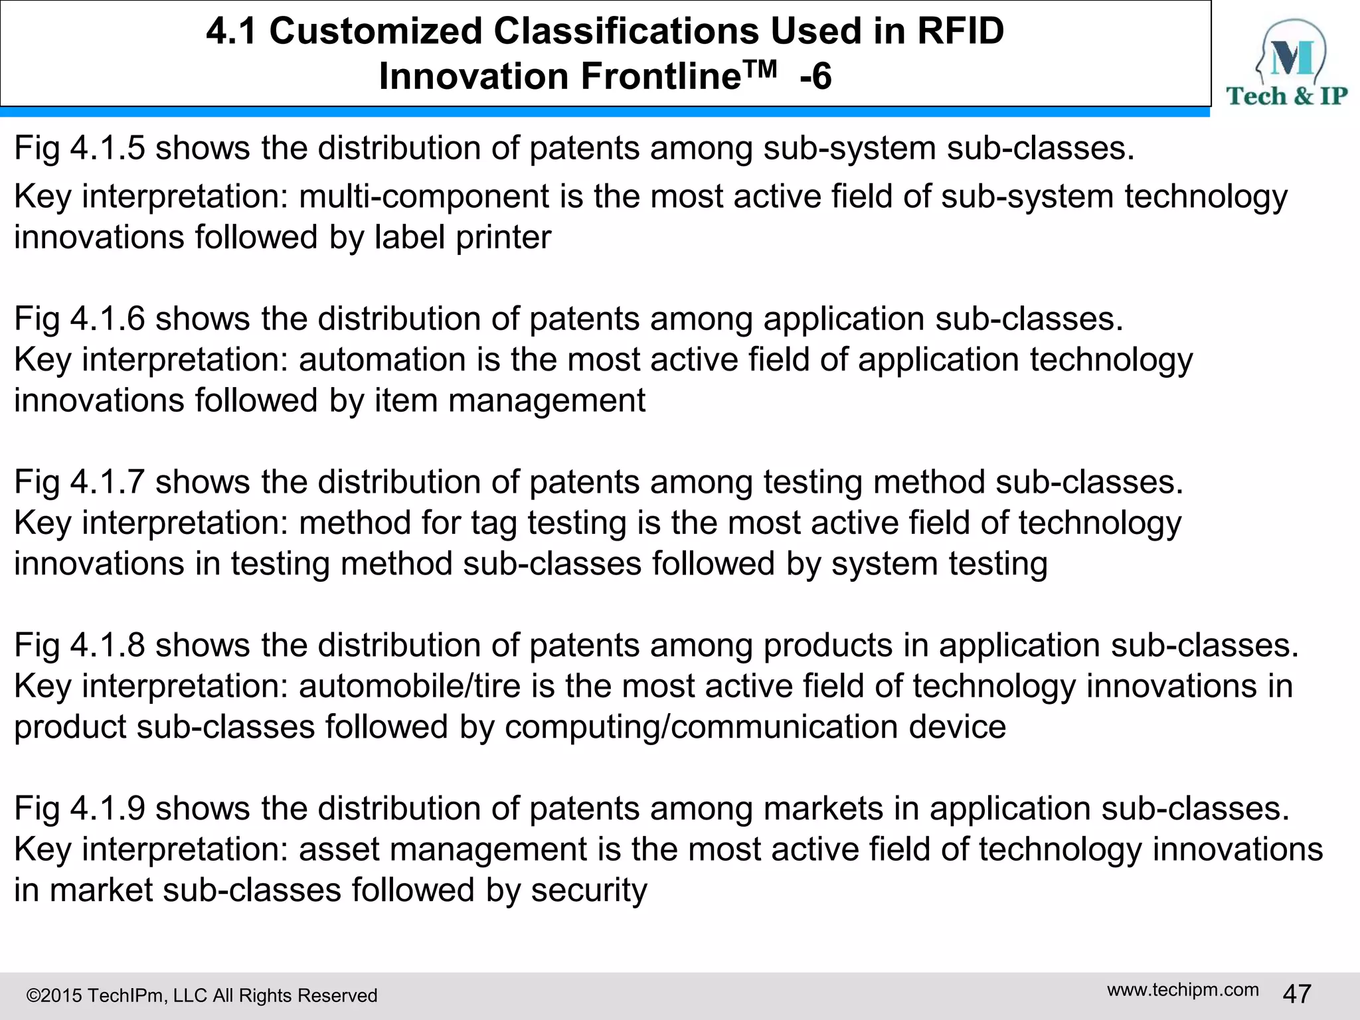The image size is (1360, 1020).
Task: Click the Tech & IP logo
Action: coord(1286,63)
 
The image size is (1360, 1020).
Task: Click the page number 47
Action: coord(1297,994)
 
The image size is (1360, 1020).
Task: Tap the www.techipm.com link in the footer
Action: coord(1183,989)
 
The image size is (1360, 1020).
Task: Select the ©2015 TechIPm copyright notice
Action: coord(201,995)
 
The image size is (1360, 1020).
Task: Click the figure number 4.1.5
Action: coord(108,147)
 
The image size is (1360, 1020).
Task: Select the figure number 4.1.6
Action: coord(108,318)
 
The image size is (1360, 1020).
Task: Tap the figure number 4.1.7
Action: coord(108,481)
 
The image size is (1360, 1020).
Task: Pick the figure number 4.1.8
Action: coord(108,645)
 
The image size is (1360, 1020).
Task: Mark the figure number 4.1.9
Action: coord(108,808)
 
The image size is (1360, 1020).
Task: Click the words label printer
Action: coord(463,237)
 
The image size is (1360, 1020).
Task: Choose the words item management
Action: coord(510,400)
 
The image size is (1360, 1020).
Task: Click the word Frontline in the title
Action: coord(660,76)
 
